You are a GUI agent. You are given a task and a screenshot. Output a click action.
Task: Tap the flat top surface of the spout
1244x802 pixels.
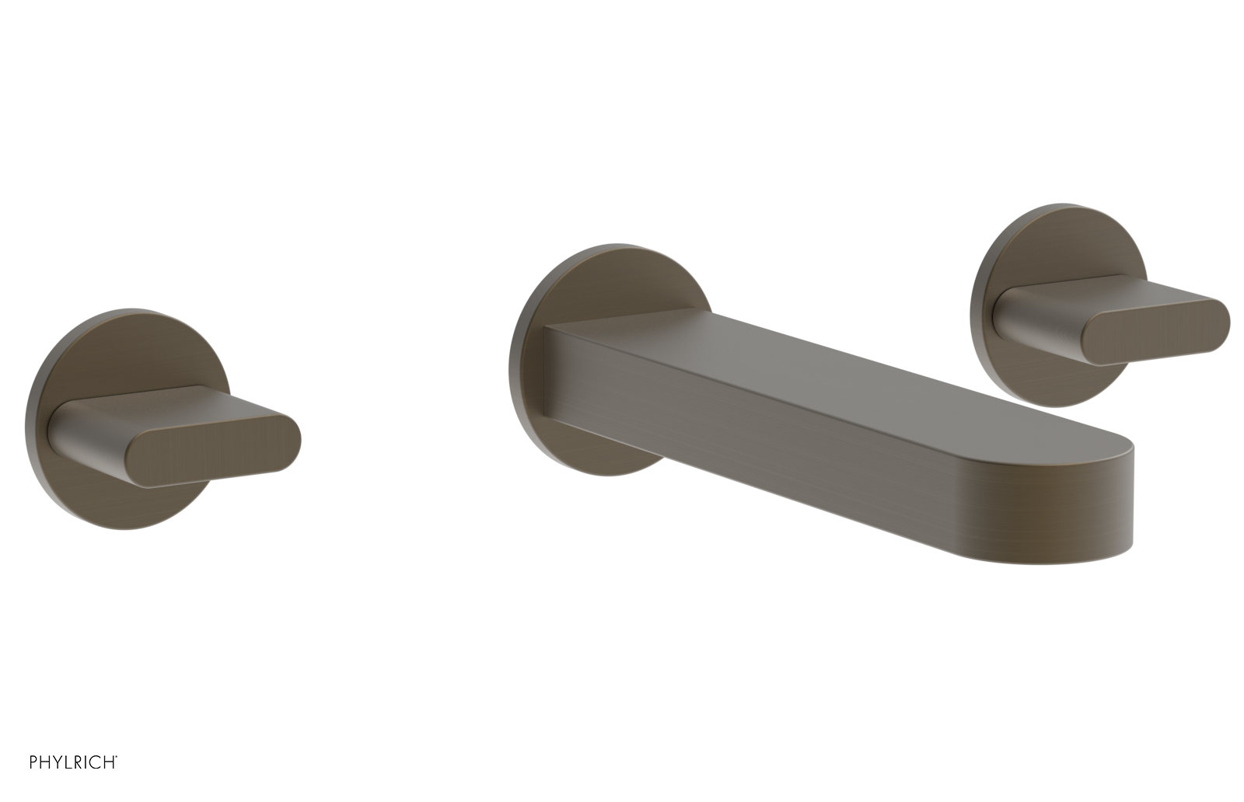point(816,373)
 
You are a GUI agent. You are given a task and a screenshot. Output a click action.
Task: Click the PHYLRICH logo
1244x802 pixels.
point(73,762)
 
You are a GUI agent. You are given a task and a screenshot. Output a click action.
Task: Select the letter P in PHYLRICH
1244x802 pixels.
point(34,762)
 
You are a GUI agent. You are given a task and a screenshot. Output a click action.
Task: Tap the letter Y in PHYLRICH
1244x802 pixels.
point(58,762)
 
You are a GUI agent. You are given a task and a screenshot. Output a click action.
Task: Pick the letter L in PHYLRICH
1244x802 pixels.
point(68,762)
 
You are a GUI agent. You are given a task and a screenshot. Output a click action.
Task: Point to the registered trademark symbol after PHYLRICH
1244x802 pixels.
point(117,757)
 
